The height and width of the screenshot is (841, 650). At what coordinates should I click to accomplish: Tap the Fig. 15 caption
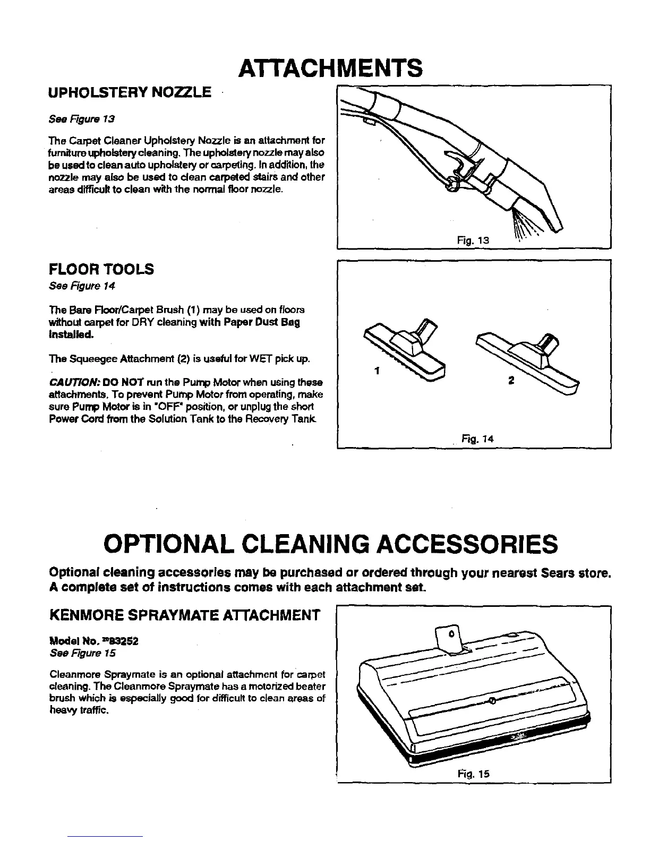(x=476, y=774)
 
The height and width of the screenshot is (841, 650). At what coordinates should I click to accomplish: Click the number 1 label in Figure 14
(x=375, y=372)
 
